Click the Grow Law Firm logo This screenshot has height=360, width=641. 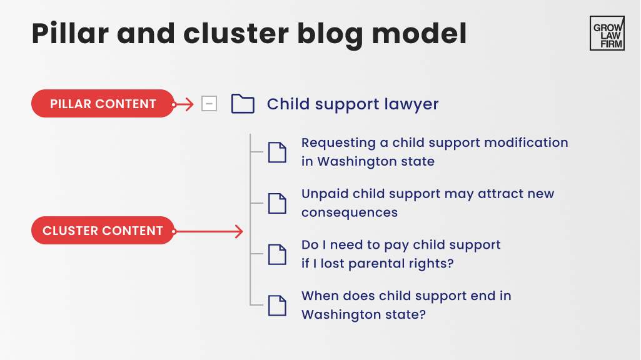point(607,33)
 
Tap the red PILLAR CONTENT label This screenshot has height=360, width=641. point(103,104)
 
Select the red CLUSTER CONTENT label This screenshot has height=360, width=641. point(103,231)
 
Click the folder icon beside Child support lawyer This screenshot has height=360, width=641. point(243,104)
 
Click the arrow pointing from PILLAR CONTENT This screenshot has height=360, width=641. point(184,104)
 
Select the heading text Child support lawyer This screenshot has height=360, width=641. point(353,104)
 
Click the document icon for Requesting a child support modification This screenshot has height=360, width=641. point(277,152)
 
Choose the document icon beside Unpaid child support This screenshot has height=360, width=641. point(277,203)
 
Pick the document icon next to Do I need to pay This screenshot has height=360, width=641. point(277,254)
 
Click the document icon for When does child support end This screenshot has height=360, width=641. point(277,305)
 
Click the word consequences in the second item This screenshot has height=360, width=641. point(349,212)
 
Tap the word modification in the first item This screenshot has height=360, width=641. point(529,142)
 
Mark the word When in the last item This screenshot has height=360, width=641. point(319,296)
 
